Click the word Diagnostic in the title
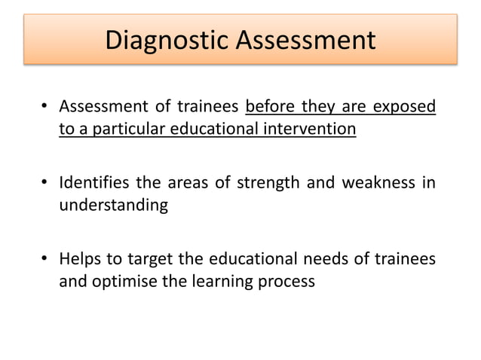tap(167, 40)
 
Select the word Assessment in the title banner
tap(305, 40)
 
